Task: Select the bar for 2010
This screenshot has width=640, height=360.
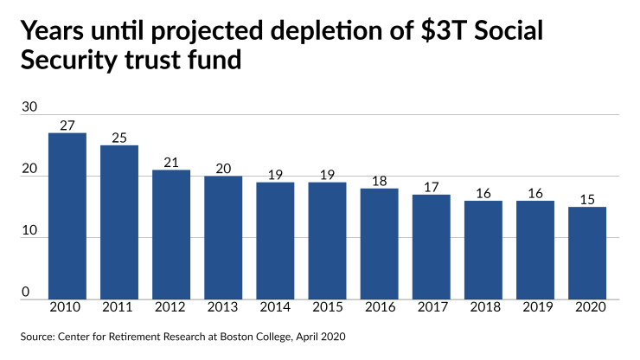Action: [67, 216]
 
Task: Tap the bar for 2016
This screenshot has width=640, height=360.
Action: [380, 244]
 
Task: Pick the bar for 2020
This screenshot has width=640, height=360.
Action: [587, 253]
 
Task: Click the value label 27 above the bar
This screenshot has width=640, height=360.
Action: [67, 125]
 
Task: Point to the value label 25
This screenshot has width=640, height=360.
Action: [119, 138]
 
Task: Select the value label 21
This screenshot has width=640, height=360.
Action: [171, 163]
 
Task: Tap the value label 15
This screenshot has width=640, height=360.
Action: [587, 200]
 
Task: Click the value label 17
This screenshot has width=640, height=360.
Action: [432, 187]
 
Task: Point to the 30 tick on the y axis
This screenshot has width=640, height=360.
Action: [29, 107]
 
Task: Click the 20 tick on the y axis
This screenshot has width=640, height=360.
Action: [29, 169]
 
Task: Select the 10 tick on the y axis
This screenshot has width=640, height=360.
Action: [29, 230]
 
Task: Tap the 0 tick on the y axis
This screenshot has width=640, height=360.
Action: [26, 292]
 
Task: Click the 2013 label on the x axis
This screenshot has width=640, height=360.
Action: [223, 309]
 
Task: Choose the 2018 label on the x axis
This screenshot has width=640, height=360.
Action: [483, 309]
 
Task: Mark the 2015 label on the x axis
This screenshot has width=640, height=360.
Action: [327, 309]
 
